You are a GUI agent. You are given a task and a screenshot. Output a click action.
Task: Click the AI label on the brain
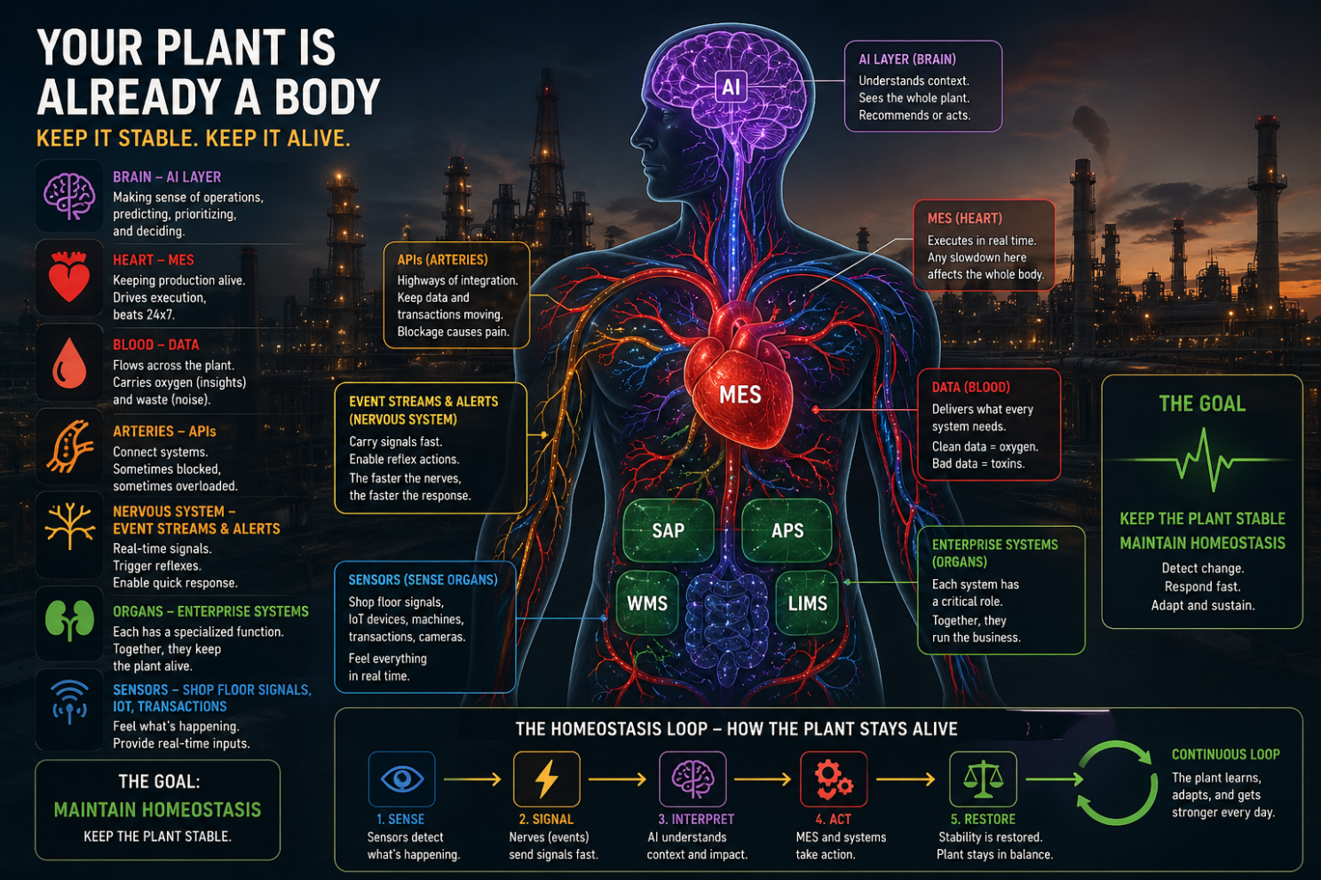731,87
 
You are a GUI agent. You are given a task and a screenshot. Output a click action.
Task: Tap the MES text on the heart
740,395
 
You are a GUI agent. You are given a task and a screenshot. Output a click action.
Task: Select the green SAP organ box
668,530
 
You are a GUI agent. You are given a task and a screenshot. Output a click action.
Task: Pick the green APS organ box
787,530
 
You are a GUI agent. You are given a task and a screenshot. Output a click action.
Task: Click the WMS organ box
647,603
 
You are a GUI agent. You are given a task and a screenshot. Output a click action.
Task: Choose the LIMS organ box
807,603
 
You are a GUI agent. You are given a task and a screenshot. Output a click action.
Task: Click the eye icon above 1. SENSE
401,779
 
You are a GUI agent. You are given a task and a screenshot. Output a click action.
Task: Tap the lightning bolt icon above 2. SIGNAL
547,779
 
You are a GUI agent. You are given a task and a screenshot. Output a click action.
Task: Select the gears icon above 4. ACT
834,779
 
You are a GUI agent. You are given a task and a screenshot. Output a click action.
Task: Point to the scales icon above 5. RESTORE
983,779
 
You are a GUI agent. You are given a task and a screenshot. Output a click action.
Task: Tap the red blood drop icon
69,363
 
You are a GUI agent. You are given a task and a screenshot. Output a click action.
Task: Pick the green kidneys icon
69,620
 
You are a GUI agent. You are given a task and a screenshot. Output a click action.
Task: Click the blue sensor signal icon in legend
69,702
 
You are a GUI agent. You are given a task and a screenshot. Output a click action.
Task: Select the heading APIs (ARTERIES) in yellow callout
442,260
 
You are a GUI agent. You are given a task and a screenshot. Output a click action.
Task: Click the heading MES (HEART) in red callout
965,219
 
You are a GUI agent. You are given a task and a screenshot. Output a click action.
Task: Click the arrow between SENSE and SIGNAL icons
472,779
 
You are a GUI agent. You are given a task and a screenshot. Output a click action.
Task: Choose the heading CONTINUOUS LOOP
1225,754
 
